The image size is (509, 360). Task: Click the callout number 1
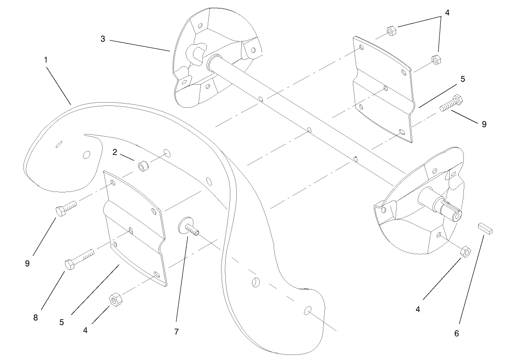coord(46,60)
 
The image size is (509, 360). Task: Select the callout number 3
coord(103,39)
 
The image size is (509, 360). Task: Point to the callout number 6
coord(456,333)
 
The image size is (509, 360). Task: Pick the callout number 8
coord(36,318)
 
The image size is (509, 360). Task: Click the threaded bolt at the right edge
coord(453,104)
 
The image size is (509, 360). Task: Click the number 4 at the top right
coord(446,13)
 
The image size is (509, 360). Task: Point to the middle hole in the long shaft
coord(309,131)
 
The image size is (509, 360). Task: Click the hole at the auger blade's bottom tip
coord(307,311)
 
